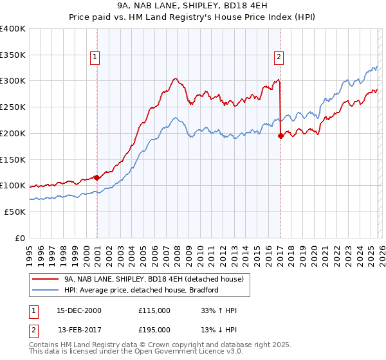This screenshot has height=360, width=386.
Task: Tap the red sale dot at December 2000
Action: point(96,177)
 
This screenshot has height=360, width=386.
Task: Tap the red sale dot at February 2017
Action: point(280,136)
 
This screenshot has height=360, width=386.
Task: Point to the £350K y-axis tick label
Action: point(13,55)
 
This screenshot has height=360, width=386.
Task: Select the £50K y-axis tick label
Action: point(15,212)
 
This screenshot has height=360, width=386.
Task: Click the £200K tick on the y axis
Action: point(13,133)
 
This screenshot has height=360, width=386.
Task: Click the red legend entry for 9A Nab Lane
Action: point(154,279)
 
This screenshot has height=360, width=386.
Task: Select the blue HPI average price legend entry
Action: point(142,290)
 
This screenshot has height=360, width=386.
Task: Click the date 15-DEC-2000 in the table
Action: point(79,311)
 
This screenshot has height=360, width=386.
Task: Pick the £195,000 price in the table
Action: point(154,330)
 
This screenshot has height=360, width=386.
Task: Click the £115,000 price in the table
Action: point(154,311)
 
